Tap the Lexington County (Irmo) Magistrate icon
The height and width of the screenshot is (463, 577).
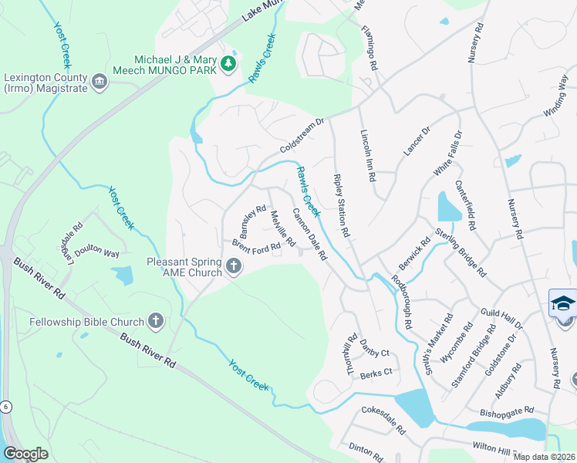point(99,82)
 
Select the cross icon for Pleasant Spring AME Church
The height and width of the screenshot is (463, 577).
point(235,267)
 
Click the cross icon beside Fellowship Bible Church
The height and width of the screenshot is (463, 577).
point(156,321)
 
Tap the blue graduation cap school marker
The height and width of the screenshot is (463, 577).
point(563,304)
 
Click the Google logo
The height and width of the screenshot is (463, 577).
point(26,454)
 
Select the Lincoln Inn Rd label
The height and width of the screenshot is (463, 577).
point(367,154)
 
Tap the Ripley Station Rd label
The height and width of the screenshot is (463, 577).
point(342,205)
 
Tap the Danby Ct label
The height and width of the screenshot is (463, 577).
point(374,352)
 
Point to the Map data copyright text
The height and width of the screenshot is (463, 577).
point(545,457)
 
